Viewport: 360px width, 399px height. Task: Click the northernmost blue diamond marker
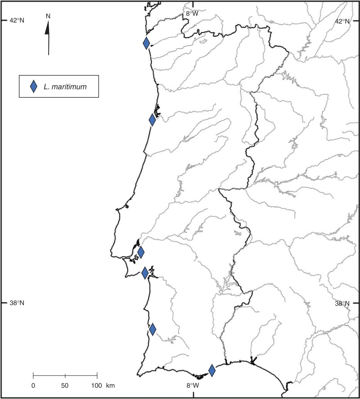[x=146, y=43]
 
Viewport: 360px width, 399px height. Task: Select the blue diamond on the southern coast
[x=212, y=371]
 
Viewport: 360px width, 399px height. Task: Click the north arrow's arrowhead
[x=48, y=28]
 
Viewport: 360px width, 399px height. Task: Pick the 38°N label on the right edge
[x=342, y=303]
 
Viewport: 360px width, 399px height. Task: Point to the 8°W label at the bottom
[x=193, y=386]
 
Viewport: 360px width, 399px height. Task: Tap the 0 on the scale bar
[x=33, y=386]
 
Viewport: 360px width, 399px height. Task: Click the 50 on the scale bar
[x=65, y=386]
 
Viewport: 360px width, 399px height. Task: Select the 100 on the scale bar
[x=96, y=386]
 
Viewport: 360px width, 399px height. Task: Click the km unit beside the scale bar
[x=110, y=386]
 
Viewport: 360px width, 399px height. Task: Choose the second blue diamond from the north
[x=153, y=120]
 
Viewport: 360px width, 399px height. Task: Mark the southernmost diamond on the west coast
[x=153, y=329]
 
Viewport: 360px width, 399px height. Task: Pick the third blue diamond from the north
[x=141, y=252]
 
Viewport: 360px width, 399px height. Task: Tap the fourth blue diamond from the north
[x=145, y=273]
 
